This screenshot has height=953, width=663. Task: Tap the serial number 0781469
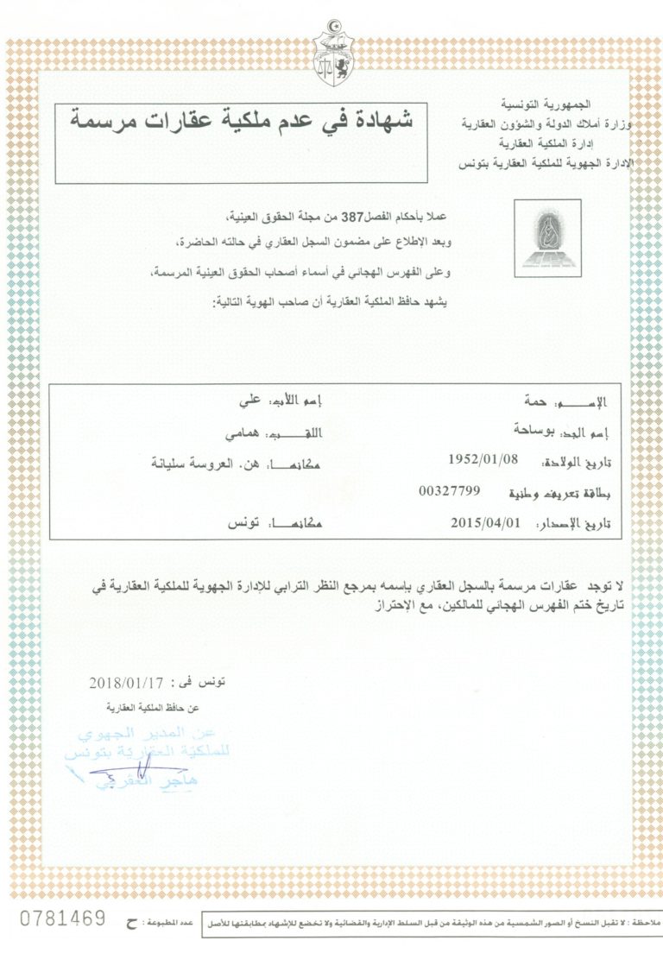tap(62, 916)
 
